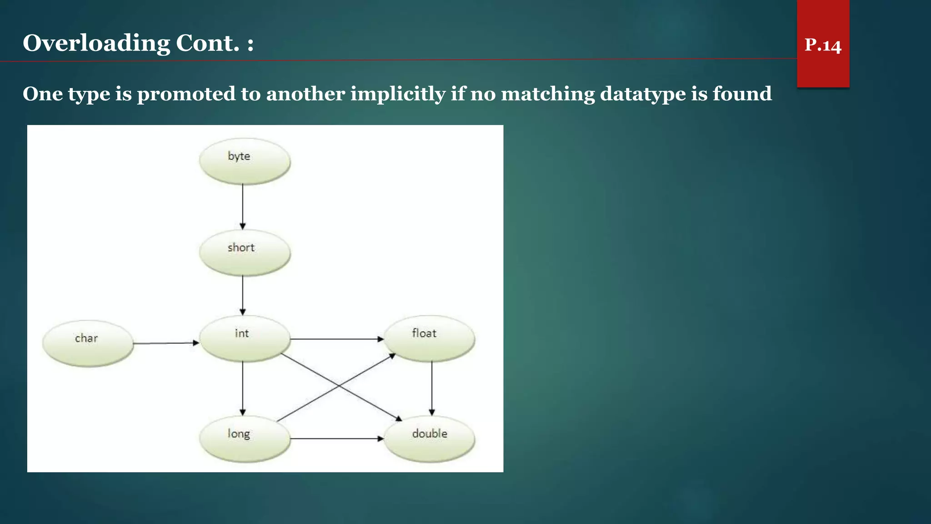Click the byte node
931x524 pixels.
tap(245, 161)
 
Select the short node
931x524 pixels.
tap(245, 252)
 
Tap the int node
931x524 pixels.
tap(245, 338)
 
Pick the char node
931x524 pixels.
tap(88, 343)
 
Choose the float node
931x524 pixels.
tap(429, 338)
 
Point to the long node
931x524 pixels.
tap(245, 438)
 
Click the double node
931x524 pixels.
tap(429, 438)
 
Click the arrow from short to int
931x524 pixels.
tap(243, 295)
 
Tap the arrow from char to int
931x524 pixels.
tap(166, 343)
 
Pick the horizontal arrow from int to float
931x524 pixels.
tap(336, 339)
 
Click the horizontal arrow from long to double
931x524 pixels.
tap(336, 438)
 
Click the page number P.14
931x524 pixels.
tap(823, 45)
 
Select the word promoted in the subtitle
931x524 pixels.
tap(186, 94)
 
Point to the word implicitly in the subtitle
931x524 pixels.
tap(398, 94)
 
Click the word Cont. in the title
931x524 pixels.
tap(207, 44)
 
